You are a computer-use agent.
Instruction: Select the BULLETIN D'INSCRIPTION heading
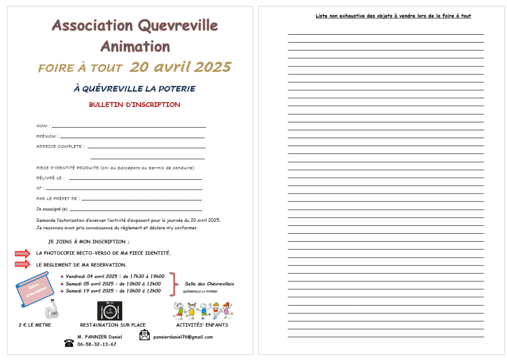coord(134,105)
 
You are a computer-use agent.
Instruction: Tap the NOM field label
coord(43,126)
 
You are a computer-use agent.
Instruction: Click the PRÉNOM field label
coord(47,136)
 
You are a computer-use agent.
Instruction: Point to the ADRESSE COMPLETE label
coord(60,147)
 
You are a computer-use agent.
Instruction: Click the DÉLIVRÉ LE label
coord(50,178)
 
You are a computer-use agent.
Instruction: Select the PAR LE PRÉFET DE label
coord(57,199)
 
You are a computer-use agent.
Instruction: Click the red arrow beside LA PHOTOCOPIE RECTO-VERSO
coord(22,254)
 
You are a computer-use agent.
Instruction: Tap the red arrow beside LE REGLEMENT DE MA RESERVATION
coord(22,264)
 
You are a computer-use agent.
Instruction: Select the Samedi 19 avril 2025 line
coord(113,291)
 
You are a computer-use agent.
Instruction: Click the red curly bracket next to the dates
coord(172,283)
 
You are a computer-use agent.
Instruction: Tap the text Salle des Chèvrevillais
coord(209,284)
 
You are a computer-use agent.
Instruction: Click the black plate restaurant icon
coord(109,310)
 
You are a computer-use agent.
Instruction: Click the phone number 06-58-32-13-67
coord(97,344)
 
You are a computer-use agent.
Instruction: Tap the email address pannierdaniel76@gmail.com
coord(183,337)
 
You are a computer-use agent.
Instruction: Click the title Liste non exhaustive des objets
coord(393,16)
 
